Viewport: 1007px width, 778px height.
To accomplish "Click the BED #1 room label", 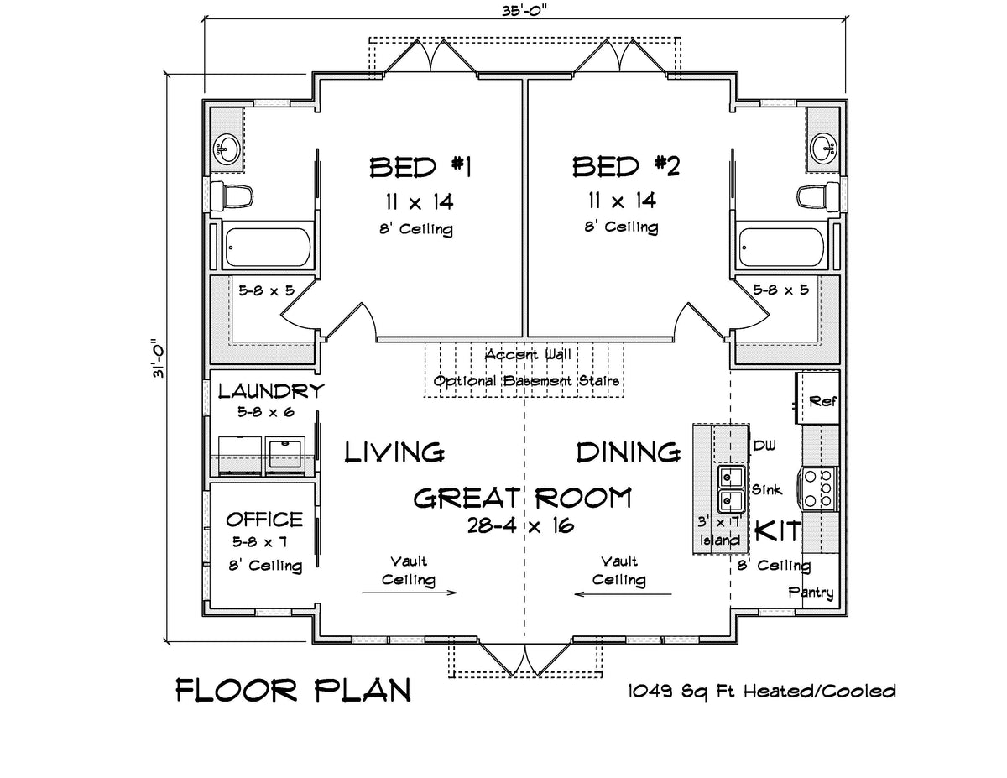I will (421, 167).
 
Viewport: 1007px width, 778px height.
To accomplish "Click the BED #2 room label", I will (625, 167).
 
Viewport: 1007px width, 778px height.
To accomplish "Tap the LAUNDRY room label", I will (270, 391).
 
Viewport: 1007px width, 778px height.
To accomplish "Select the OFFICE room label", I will (264, 520).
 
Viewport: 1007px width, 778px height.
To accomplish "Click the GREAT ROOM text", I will (522, 499).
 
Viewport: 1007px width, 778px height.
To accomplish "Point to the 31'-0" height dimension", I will (157, 359).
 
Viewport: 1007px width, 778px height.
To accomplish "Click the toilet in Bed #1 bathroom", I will (232, 196).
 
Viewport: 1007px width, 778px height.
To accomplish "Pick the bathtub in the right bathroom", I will (779, 247).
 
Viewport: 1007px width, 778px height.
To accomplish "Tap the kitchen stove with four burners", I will (821, 488).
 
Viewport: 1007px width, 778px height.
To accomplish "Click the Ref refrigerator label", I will (822, 402).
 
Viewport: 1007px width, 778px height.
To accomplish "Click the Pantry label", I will (811, 593).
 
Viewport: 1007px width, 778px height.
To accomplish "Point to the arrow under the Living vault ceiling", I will (410, 593).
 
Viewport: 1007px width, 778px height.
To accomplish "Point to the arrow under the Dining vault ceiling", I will (623, 593).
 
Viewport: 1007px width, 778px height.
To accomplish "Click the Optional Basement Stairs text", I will (527, 381).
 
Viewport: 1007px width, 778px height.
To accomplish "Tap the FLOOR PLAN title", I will (294, 690).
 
